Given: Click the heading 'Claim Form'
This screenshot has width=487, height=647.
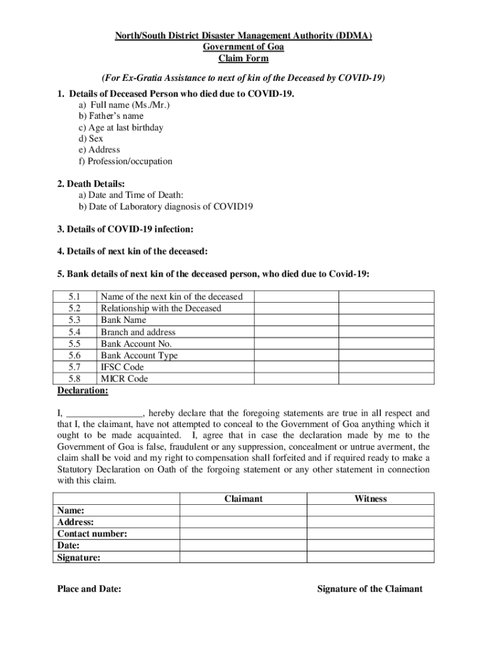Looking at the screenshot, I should pyautogui.click(x=244, y=59).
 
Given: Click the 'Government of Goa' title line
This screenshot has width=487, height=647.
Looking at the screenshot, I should pyautogui.click(x=244, y=47).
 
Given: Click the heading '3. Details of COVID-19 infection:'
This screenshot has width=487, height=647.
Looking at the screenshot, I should pyautogui.click(x=125, y=229).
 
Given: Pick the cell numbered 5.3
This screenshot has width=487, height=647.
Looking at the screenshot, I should pyautogui.click(x=75, y=320).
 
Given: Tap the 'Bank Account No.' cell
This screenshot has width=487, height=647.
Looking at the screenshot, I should pyautogui.click(x=136, y=344).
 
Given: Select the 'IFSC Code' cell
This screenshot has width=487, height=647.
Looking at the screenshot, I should pyautogui.click(x=122, y=367).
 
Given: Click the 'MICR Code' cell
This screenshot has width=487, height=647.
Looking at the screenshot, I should pyautogui.click(x=124, y=379).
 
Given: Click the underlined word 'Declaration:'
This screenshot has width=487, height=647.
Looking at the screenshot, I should pyautogui.click(x=82, y=391).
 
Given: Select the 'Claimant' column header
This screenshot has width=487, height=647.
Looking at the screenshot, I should pyautogui.click(x=244, y=499).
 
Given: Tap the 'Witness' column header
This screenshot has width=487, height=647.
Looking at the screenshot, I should pyautogui.click(x=371, y=499).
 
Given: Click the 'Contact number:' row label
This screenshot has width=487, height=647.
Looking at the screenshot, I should pyautogui.click(x=92, y=534).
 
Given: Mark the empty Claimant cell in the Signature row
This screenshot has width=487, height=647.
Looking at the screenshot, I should pyautogui.click(x=244, y=557).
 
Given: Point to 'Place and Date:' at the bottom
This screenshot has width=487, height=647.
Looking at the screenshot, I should pyautogui.click(x=89, y=590).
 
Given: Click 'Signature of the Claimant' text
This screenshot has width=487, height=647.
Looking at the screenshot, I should pyautogui.click(x=369, y=590).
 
